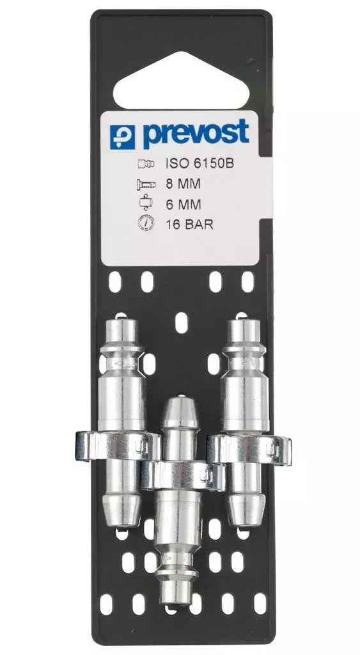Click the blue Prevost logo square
click(123, 136)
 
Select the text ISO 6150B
click(200, 164)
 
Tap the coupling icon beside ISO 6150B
click(145, 164)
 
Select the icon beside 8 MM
click(145, 185)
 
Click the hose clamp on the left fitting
click(115, 445)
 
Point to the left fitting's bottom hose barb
click(121, 509)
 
